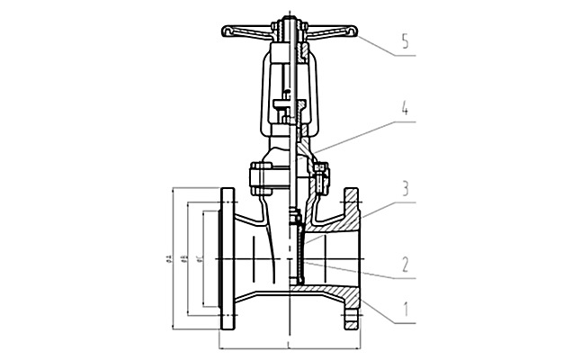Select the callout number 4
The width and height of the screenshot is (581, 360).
coord(406,114)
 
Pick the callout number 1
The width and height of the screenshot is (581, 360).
coord(406,311)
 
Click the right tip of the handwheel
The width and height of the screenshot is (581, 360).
coord(352,33)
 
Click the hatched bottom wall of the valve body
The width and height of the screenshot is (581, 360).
coord(324,292)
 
